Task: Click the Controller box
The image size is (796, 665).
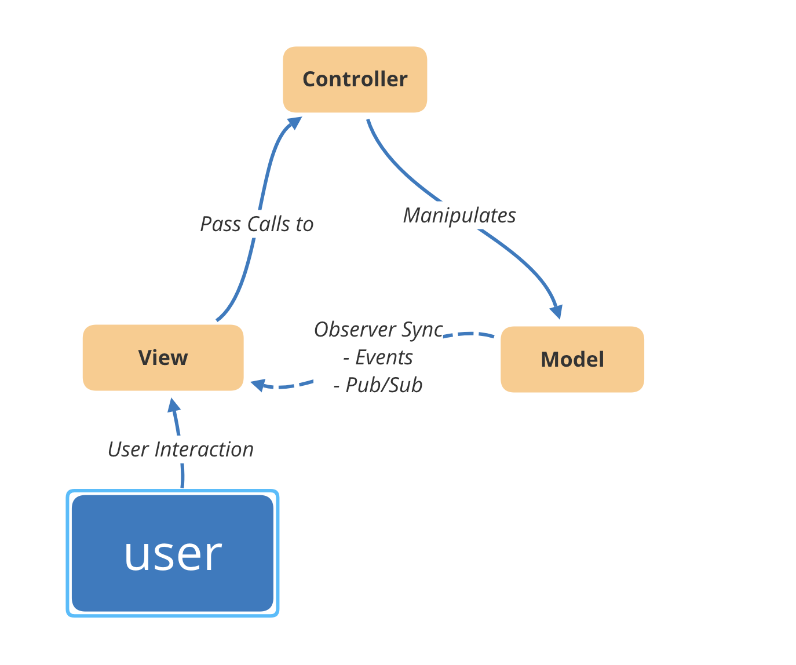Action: click(x=355, y=79)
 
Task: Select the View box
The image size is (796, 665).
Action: click(x=163, y=357)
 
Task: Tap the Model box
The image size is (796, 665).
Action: click(x=572, y=359)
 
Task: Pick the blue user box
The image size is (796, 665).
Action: click(x=172, y=553)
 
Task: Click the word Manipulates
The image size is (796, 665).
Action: click(x=459, y=215)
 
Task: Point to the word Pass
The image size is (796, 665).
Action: click(x=220, y=224)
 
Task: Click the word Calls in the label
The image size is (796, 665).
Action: click(x=268, y=224)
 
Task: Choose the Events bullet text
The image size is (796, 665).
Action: click(x=378, y=357)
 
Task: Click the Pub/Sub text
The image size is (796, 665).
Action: click(x=378, y=385)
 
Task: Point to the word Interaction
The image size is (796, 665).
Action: click(x=204, y=449)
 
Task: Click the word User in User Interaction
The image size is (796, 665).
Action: click(x=128, y=449)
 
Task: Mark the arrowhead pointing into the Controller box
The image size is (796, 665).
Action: click(x=295, y=123)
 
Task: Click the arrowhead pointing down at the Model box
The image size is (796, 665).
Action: click(x=557, y=312)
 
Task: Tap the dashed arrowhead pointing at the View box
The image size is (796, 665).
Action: click(x=258, y=385)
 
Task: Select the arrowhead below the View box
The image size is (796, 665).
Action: click(x=173, y=405)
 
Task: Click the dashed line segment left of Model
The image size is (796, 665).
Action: click(x=469, y=334)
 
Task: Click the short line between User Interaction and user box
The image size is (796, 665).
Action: click(x=182, y=476)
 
